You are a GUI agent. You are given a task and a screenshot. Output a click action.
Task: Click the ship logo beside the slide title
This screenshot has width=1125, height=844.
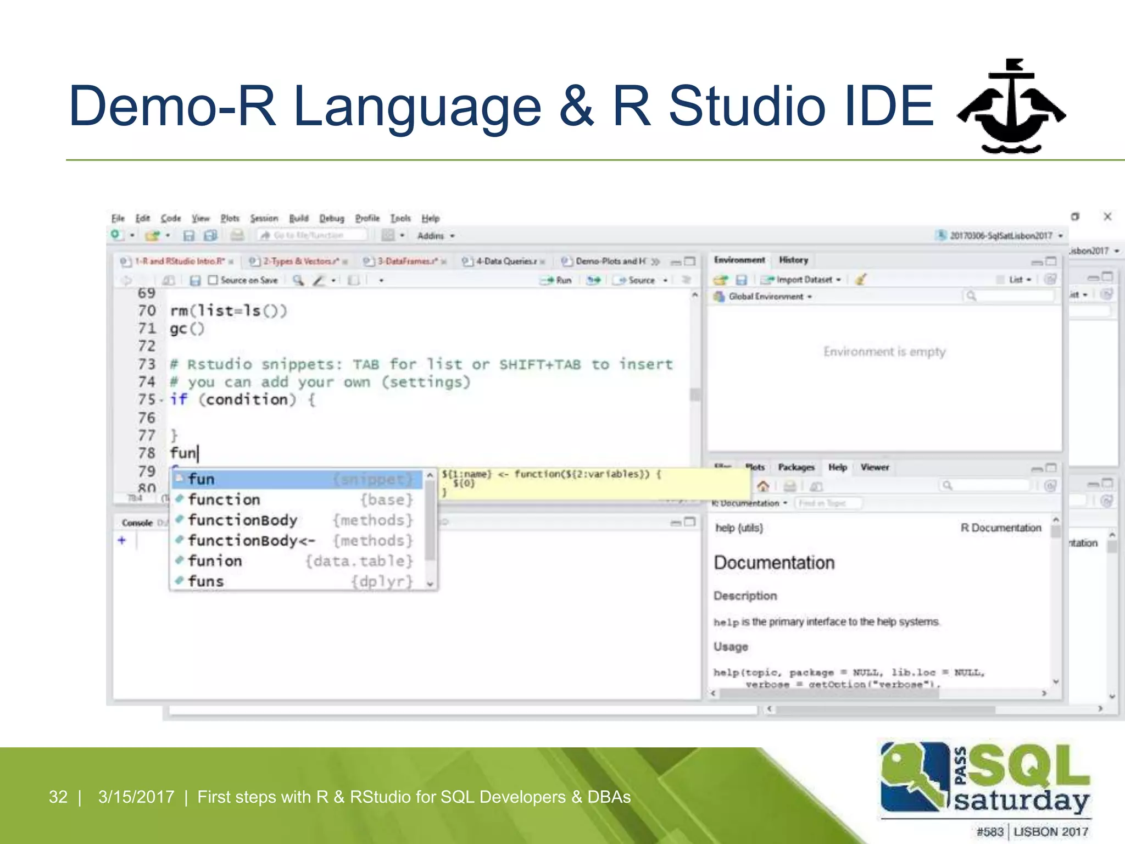pyautogui.click(x=1011, y=107)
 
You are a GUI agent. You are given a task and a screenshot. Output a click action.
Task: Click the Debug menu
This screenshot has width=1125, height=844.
pyautogui.click(x=332, y=218)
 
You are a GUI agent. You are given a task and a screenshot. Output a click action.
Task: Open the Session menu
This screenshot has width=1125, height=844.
pyautogui.click(x=264, y=218)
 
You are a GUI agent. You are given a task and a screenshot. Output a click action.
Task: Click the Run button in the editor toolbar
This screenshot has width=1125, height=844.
pyautogui.click(x=557, y=280)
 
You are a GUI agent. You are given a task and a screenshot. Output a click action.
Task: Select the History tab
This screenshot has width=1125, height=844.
pyautogui.click(x=794, y=260)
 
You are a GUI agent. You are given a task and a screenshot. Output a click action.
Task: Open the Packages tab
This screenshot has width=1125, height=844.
pyautogui.click(x=796, y=467)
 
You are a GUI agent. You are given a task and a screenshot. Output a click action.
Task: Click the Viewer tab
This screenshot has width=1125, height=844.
pyautogui.click(x=875, y=467)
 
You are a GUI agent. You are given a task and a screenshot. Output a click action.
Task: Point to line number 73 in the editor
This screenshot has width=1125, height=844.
pyautogui.click(x=147, y=364)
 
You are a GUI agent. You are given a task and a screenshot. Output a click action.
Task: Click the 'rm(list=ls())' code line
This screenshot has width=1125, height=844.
pyautogui.click(x=229, y=311)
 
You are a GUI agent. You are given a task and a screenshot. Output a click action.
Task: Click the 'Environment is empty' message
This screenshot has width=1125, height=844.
pyautogui.click(x=884, y=352)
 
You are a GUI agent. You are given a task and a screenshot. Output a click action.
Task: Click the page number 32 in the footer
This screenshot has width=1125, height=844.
pyautogui.click(x=58, y=797)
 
